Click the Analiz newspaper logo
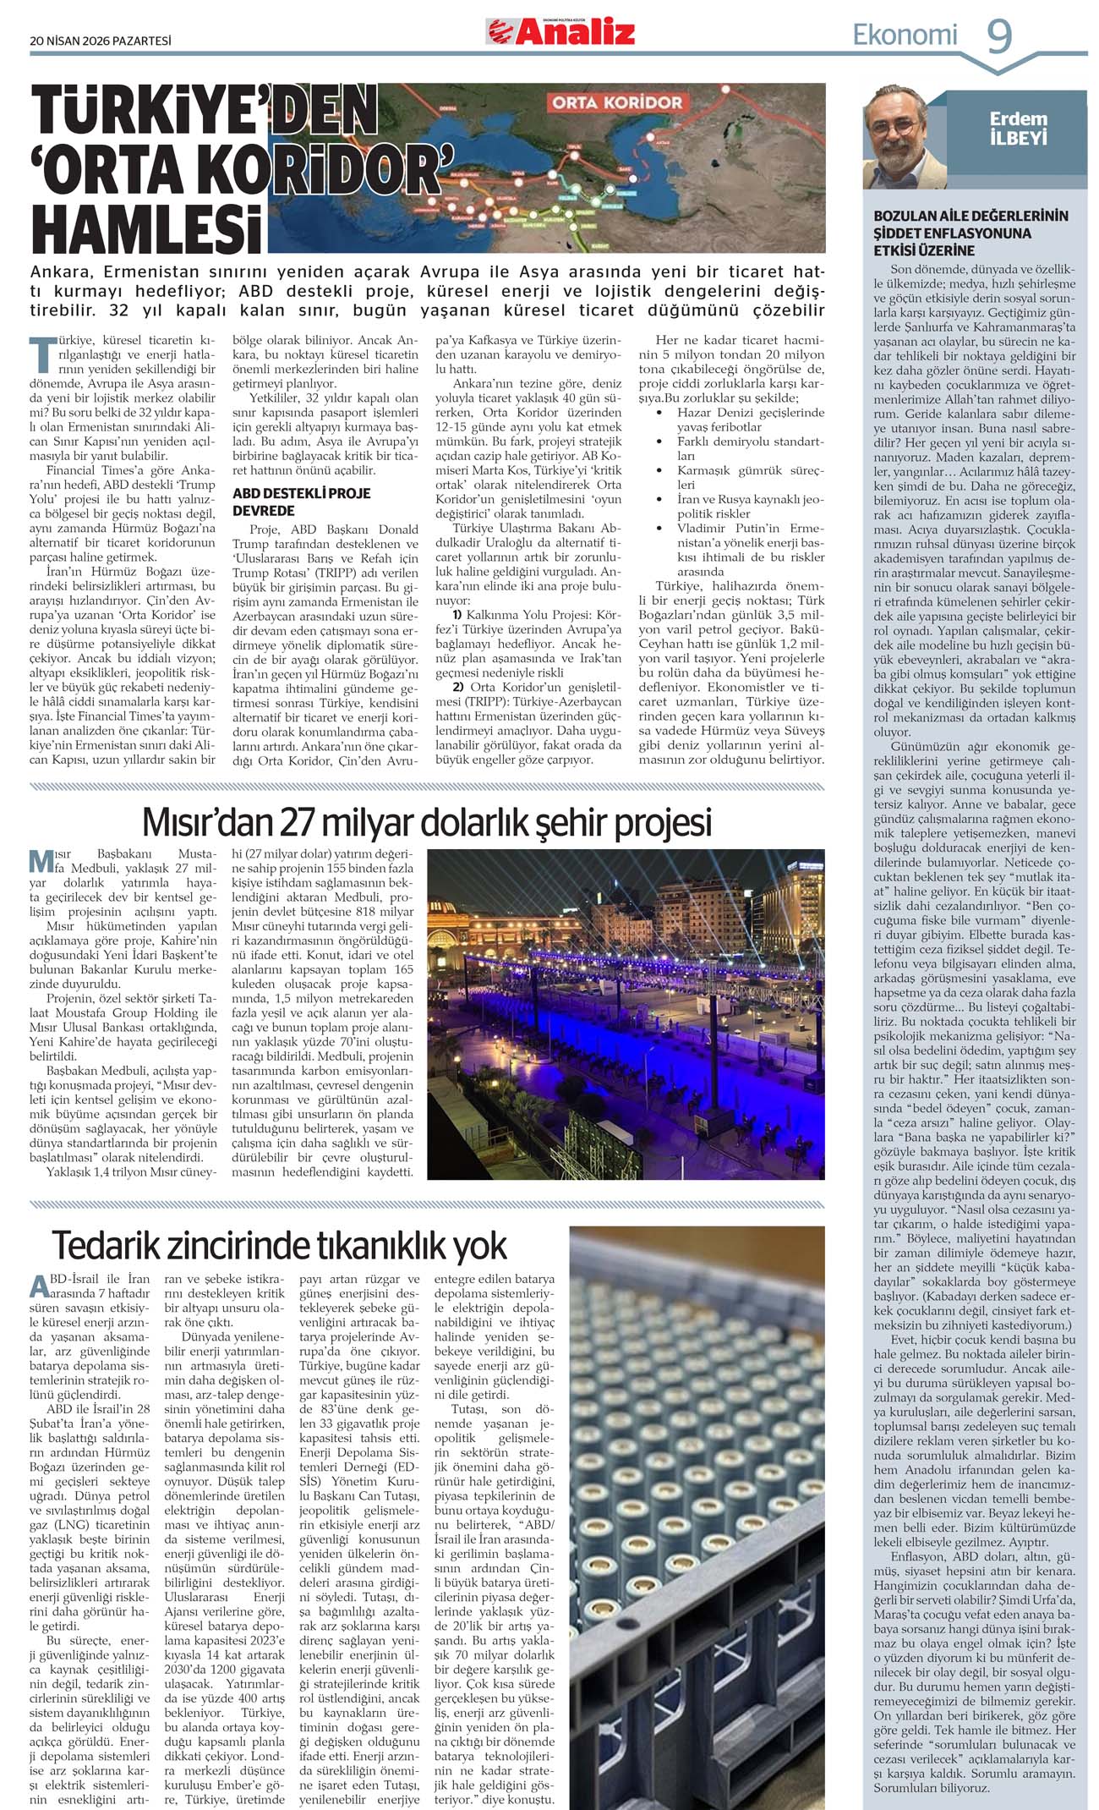pyautogui.click(x=560, y=32)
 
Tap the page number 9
pyautogui.click(x=999, y=36)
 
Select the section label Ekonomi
pyautogui.click(x=905, y=35)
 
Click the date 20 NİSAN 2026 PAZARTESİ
pyautogui.click(x=101, y=40)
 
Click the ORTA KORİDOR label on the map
pyautogui.click(x=617, y=102)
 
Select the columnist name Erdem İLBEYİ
pyautogui.click(x=1018, y=128)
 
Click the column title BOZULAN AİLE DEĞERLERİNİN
pyautogui.click(x=971, y=216)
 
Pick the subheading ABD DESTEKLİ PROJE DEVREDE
pyautogui.click(x=302, y=502)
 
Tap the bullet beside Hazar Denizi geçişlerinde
pyautogui.click(x=659, y=413)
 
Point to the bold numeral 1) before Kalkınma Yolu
pyautogui.click(x=457, y=614)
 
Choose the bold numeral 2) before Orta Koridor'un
pyautogui.click(x=457, y=687)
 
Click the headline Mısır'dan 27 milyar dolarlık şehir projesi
pyautogui.click(x=427, y=821)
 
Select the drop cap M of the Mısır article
pyautogui.click(x=41, y=861)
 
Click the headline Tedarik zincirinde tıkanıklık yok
pyautogui.click(x=279, y=1245)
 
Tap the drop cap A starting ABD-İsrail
pyautogui.click(x=39, y=1286)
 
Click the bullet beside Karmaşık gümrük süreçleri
pyautogui.click(x=659, y=470)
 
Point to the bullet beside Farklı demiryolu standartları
pyautogui.click(x=659, y=442)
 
